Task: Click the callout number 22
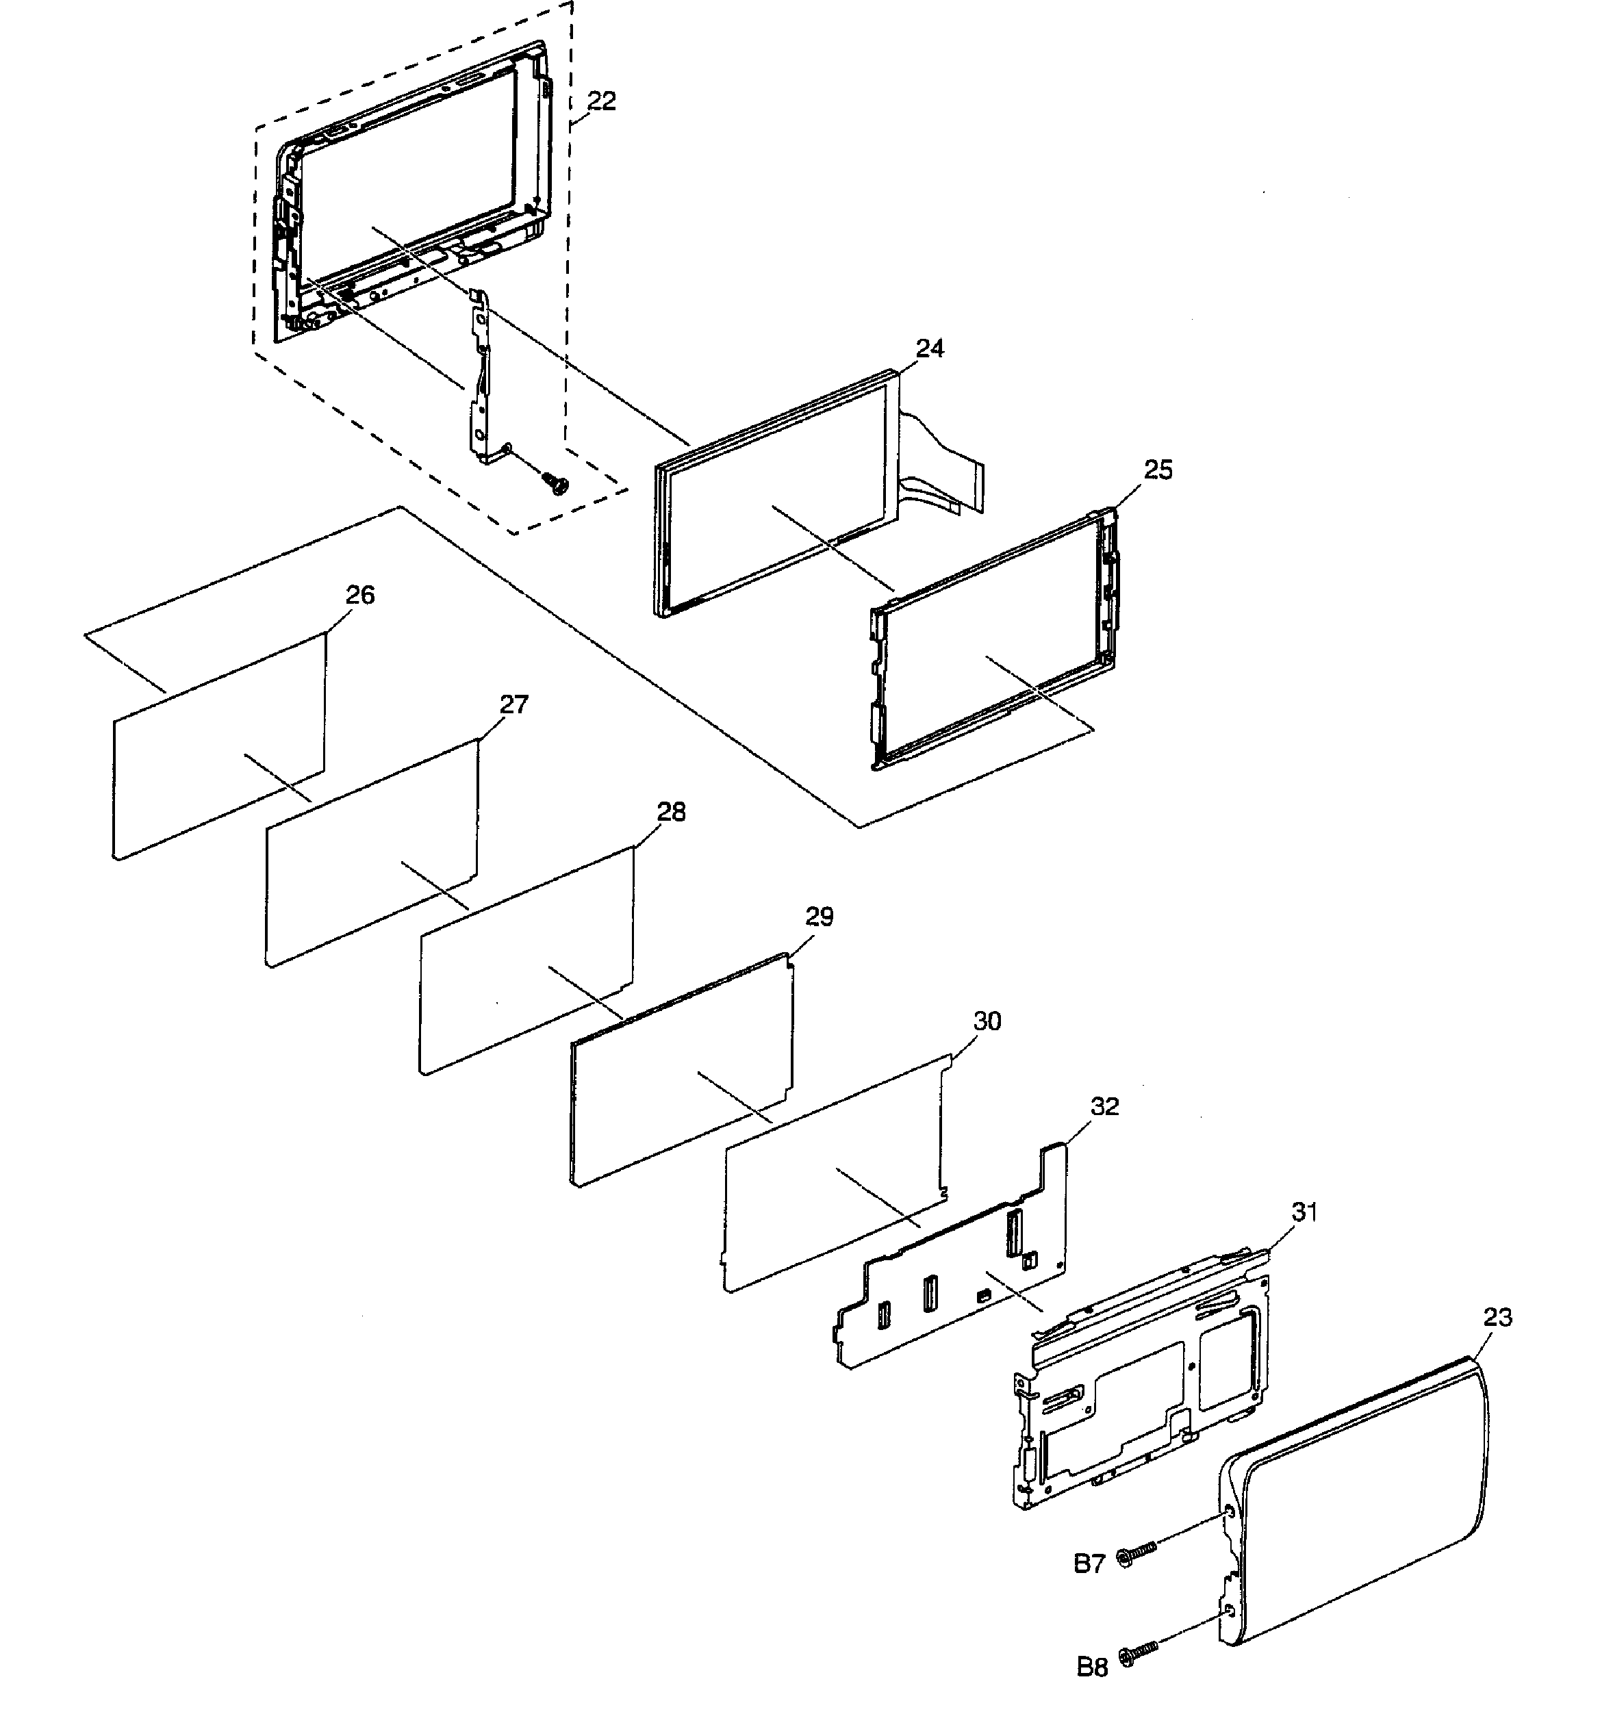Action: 601,101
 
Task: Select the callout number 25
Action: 1158,470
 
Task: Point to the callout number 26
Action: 360,595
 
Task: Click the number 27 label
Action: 513,704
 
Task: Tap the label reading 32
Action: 1105,1106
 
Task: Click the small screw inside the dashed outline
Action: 555,481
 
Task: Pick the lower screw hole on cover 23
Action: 1230,1611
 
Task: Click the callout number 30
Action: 987,1021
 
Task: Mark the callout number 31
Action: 1304,1212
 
